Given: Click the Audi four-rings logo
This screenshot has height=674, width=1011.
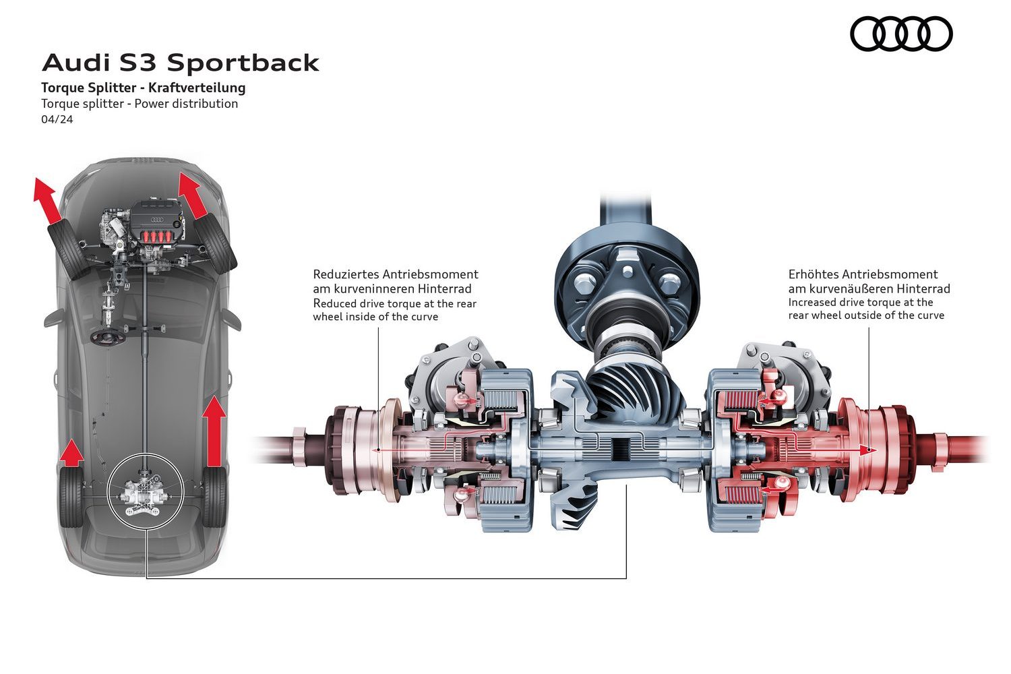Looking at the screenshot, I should [x=900, y=33].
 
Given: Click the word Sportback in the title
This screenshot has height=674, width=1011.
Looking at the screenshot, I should [x=243, y=63].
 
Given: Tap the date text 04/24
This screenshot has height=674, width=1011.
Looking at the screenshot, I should [x=57, y=119].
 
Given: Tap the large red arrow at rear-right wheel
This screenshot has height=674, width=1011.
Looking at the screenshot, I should [x=215, y=431].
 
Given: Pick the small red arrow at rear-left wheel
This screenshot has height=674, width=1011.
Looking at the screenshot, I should [x=71, y=453].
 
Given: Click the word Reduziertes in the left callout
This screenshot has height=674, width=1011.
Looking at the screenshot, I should [x=346, y=274].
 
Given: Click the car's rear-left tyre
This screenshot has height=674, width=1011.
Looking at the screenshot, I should [x=69, y=499].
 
